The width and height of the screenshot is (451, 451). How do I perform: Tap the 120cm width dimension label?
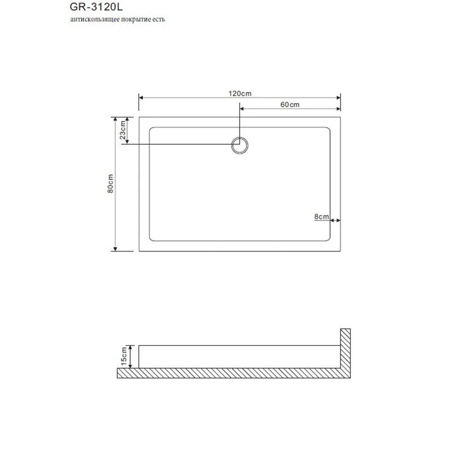point(240,92)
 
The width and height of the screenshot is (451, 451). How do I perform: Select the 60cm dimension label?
point(289,105)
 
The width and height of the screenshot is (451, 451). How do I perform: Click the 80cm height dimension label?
point(111,184)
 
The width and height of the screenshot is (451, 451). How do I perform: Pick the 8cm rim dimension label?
point(321,216)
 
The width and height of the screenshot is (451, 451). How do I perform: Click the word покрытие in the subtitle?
point(136,19)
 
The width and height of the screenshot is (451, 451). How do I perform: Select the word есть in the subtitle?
point(159,19)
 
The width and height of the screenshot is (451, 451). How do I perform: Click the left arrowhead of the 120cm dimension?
point(142,97)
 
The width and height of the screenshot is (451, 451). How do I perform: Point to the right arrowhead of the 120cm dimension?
point(338,97)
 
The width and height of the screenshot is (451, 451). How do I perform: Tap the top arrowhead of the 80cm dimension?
point(116,120)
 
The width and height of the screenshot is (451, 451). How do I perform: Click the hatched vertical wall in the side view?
point(346,350)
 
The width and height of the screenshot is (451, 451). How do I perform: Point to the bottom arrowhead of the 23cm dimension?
point(127,142)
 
